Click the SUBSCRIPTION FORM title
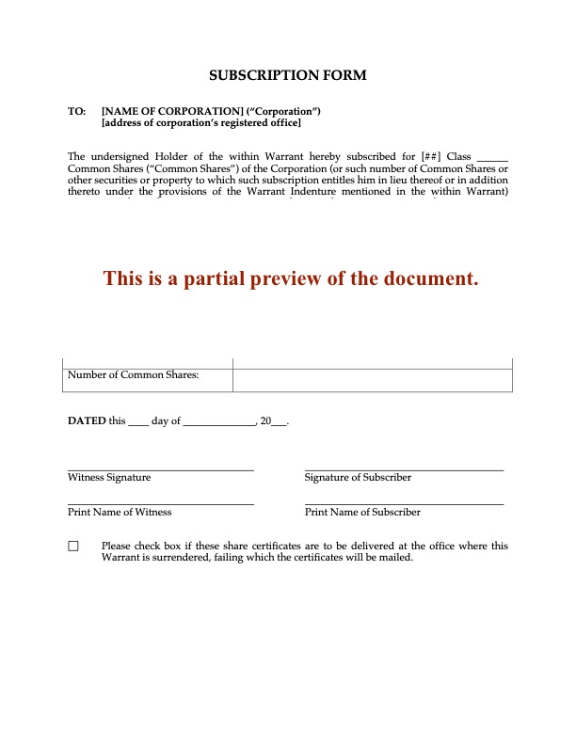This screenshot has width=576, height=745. pos(287,74)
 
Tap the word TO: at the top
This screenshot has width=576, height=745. pos(77,111)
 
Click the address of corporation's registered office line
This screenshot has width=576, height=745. pos(201,123)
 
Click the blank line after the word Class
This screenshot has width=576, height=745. pos(493,157)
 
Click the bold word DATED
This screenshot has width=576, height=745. pos(87,421)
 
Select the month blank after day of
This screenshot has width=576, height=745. pos(218,423)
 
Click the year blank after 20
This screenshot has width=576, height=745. pos(279,423)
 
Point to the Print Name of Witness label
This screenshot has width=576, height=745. pos(120,513)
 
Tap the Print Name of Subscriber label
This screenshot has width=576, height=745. pos(362,513)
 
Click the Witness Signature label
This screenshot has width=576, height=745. pos(109,478)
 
